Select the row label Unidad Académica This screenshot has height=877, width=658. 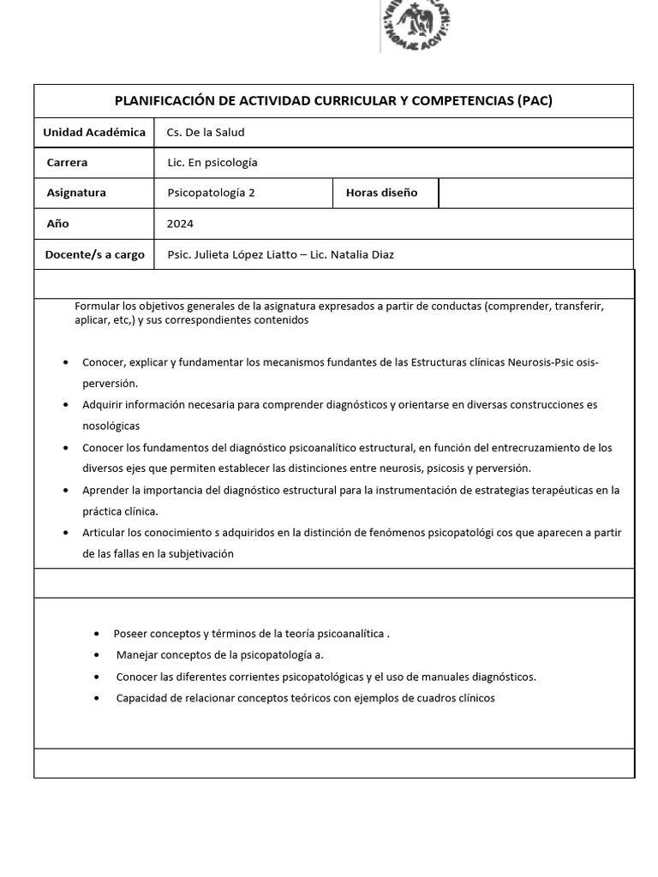(x=94, y=132)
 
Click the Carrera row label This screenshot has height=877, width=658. (x=67, y=162)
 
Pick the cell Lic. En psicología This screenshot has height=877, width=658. (x=212, y=162)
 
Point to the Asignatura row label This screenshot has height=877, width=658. (x=76, y=193)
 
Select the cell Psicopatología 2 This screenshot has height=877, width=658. (x=211, y=193)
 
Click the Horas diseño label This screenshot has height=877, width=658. (x=381, y=193)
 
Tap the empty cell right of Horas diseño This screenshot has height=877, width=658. (x=535, y=193)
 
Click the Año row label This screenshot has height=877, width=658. (x=57, y=224)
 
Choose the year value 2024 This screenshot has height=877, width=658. (x=180, y=224)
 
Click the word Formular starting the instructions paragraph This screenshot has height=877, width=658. (x=97, y=306)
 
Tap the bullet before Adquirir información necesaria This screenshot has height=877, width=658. (x=67, y=404)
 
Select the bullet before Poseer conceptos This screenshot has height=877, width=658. (x=97, y=634)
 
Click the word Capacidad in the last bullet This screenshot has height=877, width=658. (x=142, y=698)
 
